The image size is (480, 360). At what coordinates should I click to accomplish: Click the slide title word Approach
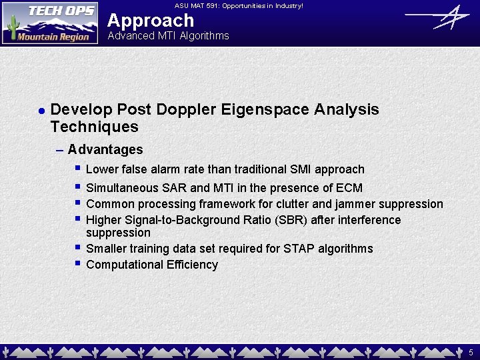tap(151, 20)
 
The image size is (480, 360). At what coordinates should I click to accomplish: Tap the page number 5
tap(471, 352)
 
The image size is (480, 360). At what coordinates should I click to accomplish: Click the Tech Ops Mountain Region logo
tap(50, 23)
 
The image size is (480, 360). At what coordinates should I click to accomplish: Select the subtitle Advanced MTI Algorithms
tap(168, 36)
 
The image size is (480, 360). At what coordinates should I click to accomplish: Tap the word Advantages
tap(105, 149)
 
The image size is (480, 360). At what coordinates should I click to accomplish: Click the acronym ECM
tap(349, 188)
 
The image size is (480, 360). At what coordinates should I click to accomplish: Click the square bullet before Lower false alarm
tap(78, 169)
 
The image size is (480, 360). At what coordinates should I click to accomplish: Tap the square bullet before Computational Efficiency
tap(78, 264)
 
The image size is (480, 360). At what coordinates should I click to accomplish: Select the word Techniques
tap(94, 127)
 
